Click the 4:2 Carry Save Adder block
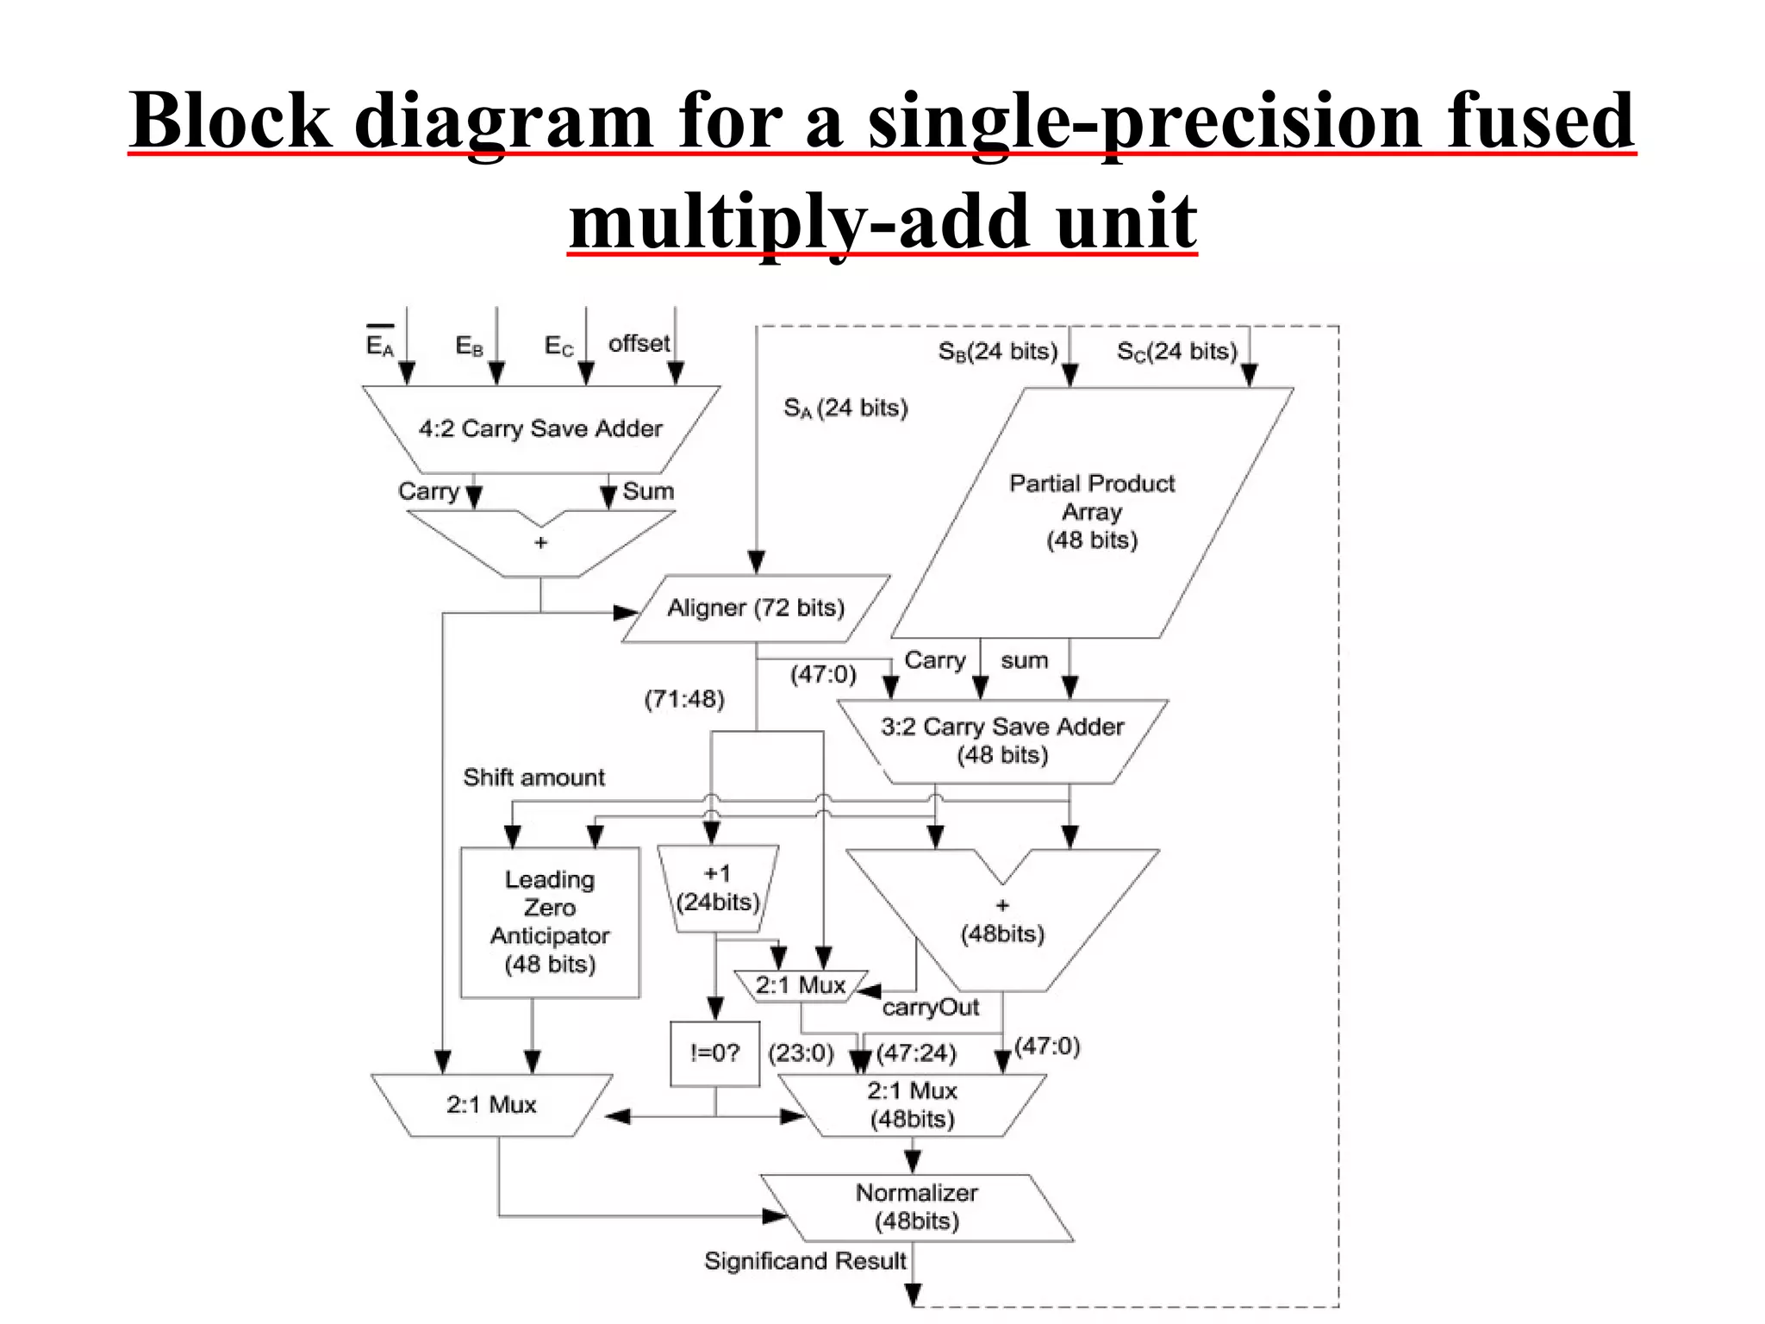[x=540, y=428]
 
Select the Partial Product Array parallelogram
[x=1092, y=512]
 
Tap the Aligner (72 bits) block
[x=756, y=609]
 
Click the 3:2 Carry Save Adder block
[x=1002, y=740]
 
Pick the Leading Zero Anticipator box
[x=550, y=921]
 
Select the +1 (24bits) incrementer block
[x=717, y=889]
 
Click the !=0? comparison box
[x=714, y=1053]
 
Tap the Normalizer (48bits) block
[x=916, y=1207]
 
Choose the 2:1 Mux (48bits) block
[x=912, y=1105]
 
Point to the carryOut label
[x=931, y=1008]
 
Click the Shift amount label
[x=533, y=778]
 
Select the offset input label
[x=639, y=344]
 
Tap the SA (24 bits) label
[x=845, y=408]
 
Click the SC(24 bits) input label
[x=1176, y=352]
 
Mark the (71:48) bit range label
[x=684, y=699]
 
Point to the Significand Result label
[x=805, y=1261]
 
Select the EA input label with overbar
[x=379, y=344]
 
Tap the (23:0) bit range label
[x=801, y=1053]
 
